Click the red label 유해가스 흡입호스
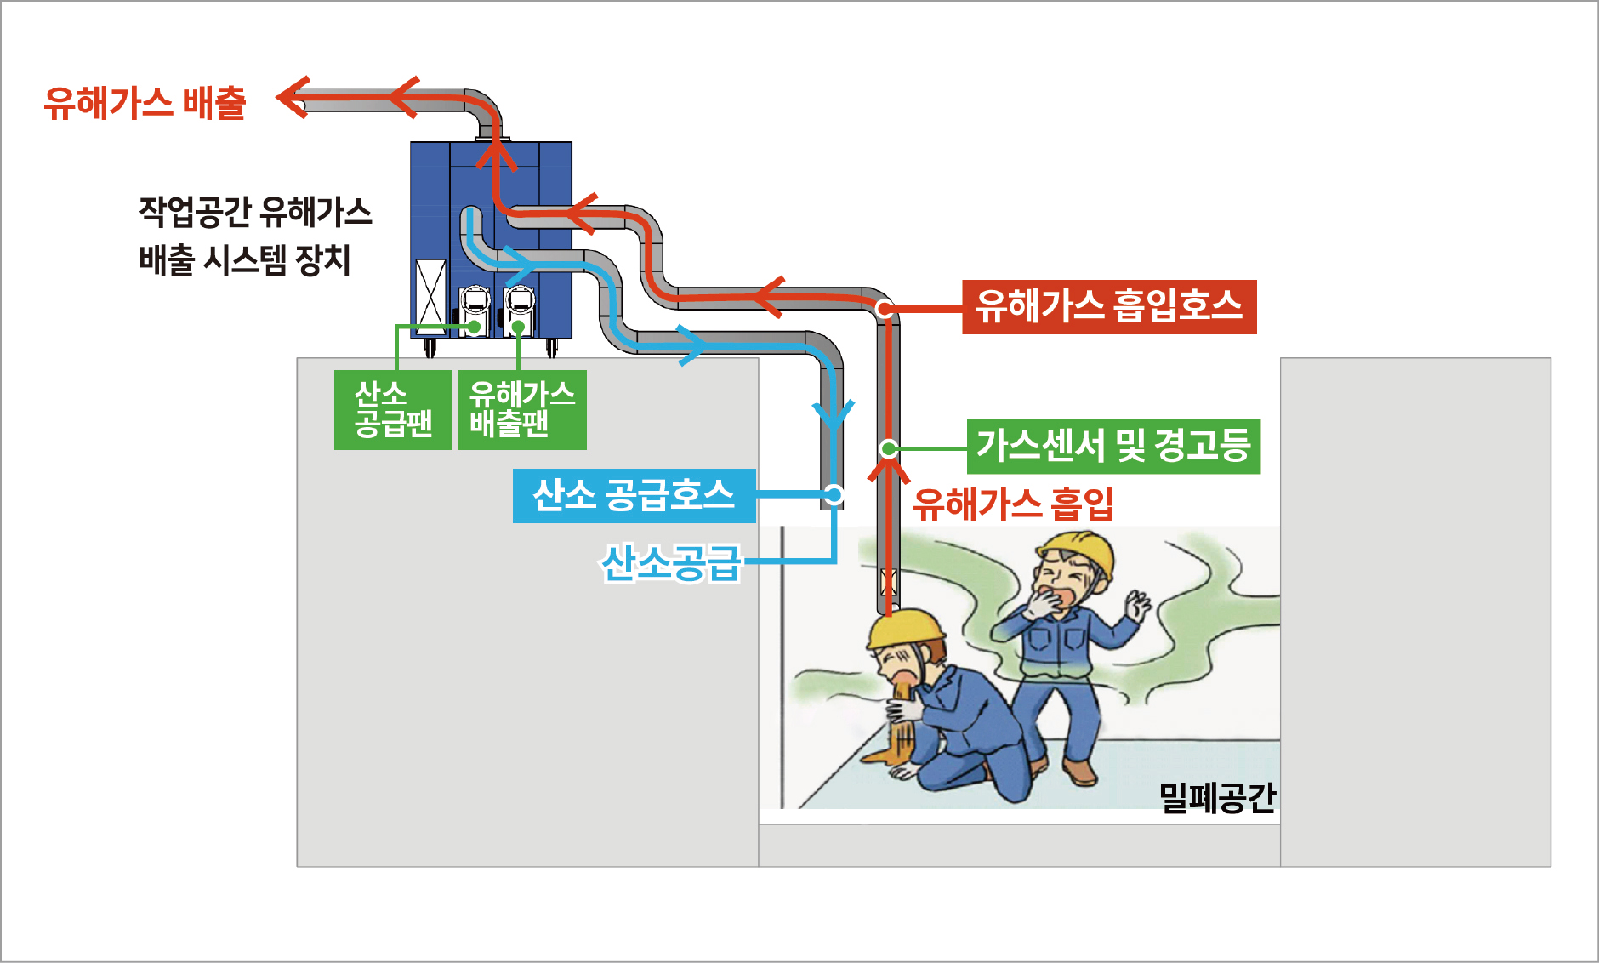[x=1108, y=306]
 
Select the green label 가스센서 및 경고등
[x=1112, y=446]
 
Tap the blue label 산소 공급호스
[x=634, y=495]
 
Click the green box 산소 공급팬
[x=393, y=409]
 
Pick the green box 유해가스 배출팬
[x=522, y=409]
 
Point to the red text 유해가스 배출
[x=145, y=103]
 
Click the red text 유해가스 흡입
[x=1013, y=504]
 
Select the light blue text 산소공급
[x=672, y=562]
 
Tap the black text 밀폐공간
[x=1217, y=797]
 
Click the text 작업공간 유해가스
[x=255, y=212]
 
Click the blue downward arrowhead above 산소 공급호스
[x=834, y=413]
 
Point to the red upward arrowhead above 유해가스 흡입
[x=889, y=470]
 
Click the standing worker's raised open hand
[x=1137, y=606]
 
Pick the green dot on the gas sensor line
[x=888, y=447]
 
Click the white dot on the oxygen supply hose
[x=834, y=494]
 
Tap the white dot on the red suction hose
[x=885, y=309]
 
